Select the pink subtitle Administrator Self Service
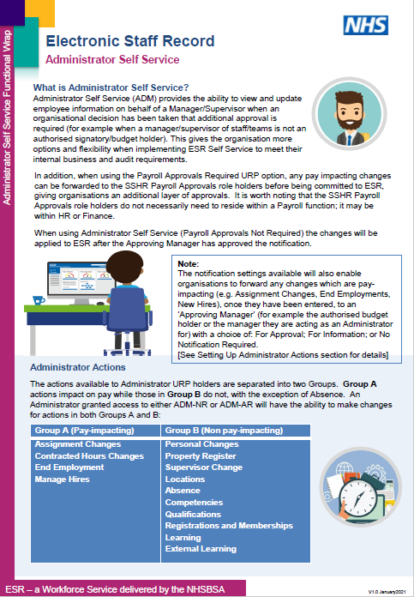tap(112, 60)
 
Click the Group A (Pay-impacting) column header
tap(78, 431)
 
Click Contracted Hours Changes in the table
tap(89, 456)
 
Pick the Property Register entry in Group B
tap(201, 456)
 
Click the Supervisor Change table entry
tap(204, 467)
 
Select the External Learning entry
tap(201, 549)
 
